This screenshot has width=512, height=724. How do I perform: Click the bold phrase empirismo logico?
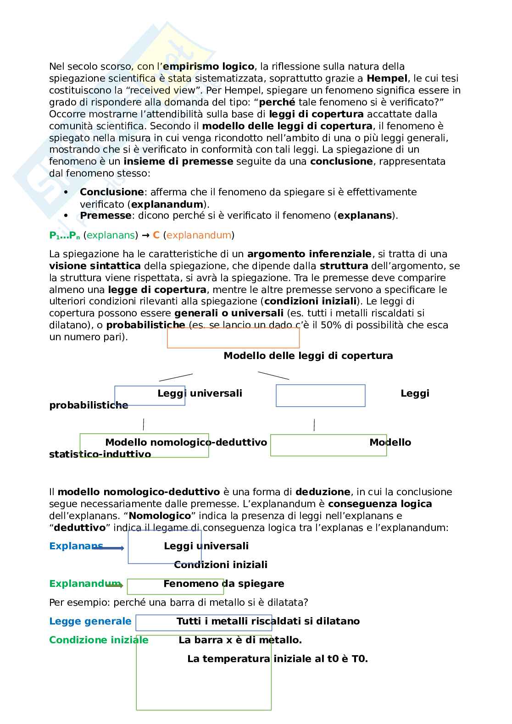208,66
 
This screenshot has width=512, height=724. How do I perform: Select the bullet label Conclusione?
111,192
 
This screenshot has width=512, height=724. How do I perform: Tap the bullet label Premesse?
106,216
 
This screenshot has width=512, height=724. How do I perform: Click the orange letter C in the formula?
156,235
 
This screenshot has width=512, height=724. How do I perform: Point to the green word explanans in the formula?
112,235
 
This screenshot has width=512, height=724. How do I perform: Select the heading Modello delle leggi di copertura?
308,356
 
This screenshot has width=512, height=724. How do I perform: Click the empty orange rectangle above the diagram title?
233,338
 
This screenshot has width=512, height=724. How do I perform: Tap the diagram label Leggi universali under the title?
200,393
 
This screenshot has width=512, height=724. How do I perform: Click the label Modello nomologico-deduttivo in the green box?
186,442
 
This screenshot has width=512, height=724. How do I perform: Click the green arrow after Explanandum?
115,586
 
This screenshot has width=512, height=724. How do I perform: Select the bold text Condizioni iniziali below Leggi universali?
220,565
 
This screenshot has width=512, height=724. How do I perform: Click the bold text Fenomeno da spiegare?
223,584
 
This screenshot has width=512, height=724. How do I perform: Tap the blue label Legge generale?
90,621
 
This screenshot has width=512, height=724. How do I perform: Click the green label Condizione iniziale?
99,640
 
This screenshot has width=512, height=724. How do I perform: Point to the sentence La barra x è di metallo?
240,640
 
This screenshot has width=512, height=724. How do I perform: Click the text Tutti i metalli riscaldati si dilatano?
268,621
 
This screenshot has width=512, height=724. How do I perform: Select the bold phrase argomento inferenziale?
309,254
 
